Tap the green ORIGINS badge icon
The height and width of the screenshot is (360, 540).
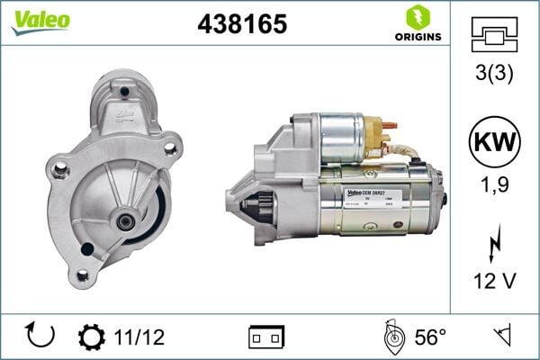pos(417,17)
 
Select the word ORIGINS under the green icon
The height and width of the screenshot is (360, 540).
pos(417,37)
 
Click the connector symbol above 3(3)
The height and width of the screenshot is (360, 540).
pos(494,35)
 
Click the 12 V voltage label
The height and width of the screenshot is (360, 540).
pos(494,283)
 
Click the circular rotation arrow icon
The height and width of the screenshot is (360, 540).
pos(41,336)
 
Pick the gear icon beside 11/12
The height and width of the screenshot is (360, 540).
pos(92,337)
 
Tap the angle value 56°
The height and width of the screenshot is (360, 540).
pos(430,337)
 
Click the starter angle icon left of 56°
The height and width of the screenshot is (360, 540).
pos(393,337)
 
